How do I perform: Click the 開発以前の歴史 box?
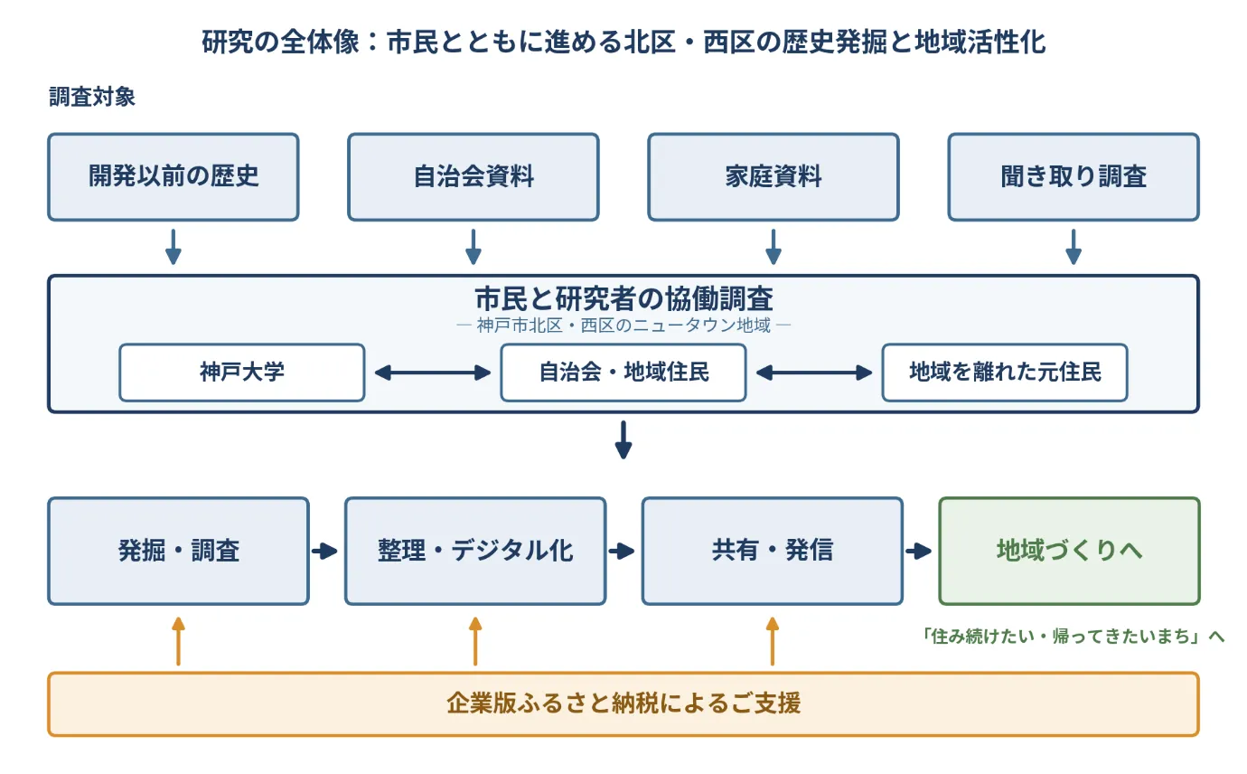click(173, 176)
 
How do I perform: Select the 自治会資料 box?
click(473, 176)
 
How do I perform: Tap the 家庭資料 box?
click(774, 176)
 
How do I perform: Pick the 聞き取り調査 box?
click(1074, 176)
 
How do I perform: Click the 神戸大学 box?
click(242, 373)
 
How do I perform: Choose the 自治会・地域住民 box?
click(623, 373)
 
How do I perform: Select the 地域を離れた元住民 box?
click(1005, 373)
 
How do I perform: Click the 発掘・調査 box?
click(178, 551)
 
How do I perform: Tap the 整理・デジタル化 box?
click(475, 551)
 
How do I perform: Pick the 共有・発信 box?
click(772, 551)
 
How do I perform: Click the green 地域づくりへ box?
click(1069, 551)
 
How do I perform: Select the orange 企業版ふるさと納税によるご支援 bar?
click(623, 703)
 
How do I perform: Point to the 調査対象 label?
click(92, 97)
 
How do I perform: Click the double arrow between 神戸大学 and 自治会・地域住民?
click(433, 373)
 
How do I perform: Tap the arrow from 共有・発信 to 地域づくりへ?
click(919, 551)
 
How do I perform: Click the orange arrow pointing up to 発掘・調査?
click(178, 641)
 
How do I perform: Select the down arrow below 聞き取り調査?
click(1074, 247)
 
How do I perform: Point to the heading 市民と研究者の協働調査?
click(623, 298)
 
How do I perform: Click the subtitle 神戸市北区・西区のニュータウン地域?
click(623, 325)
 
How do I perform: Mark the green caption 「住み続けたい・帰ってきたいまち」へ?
click(1072, 636)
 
